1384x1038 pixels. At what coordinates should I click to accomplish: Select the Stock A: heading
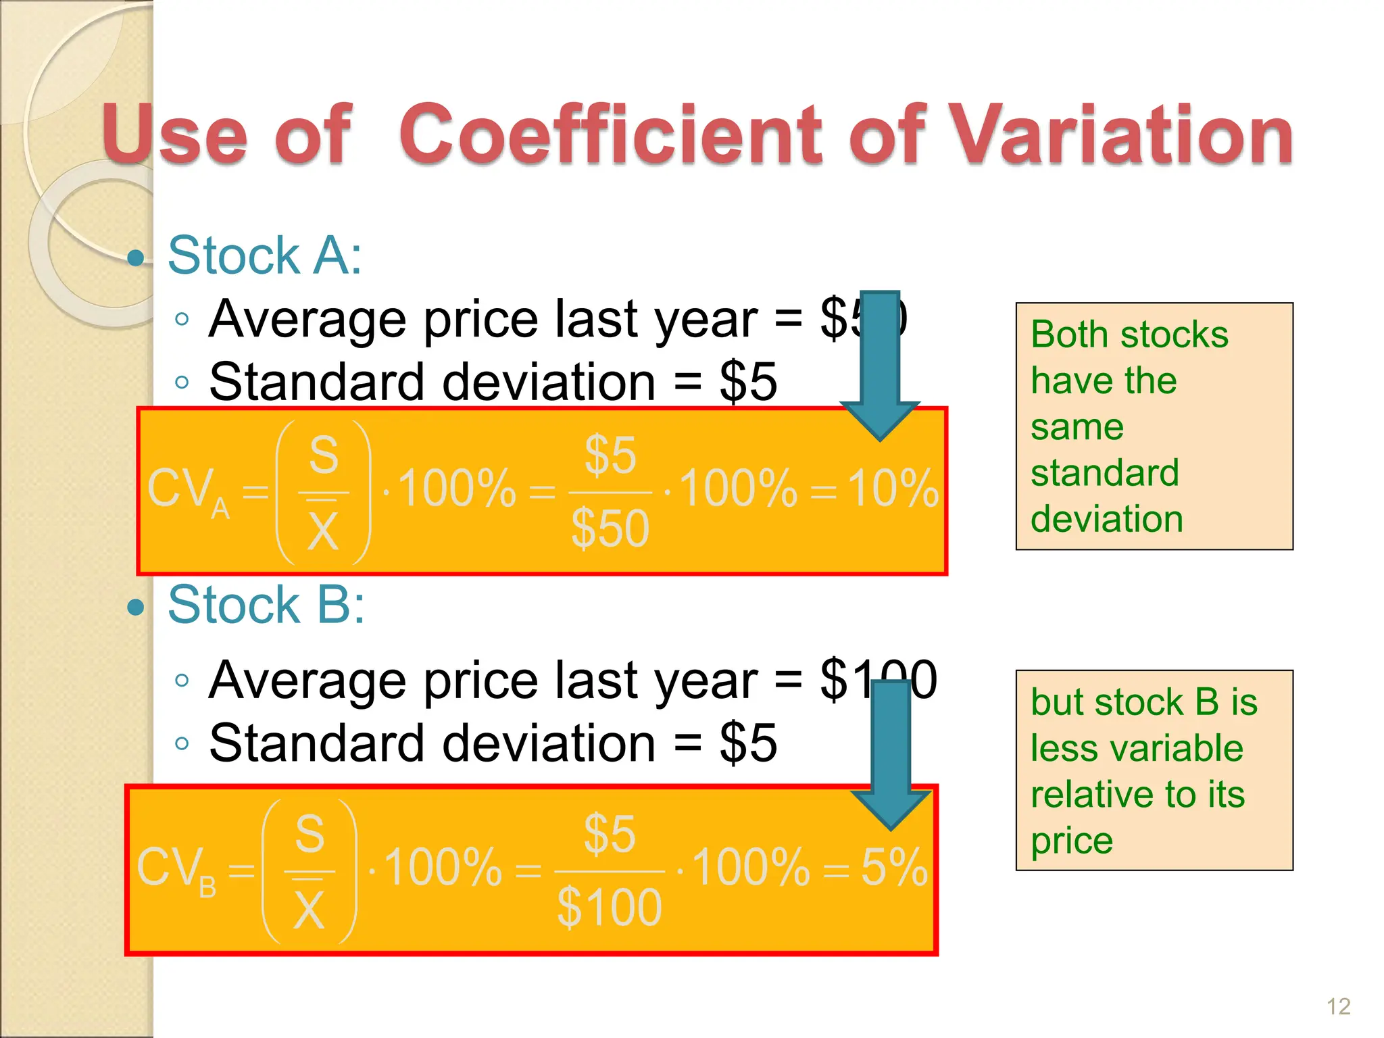tap(264, 255)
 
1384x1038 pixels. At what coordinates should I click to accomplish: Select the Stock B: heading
tap(266, 604)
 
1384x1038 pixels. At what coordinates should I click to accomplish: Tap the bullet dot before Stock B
tap(137, 607)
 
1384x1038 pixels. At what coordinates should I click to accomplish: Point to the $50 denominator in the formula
tap(610, 528)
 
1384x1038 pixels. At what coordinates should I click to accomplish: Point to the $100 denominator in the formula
tap(610, 908)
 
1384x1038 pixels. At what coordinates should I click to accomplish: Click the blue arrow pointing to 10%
tap(880, 365)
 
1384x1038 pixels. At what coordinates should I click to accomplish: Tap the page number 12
tap(1338, 1006)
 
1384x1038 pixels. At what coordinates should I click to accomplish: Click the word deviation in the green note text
tap(1107, 519)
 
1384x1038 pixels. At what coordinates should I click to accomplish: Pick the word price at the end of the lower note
tap(1072, 841)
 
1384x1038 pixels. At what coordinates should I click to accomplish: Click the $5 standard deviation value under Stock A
tap(748, 382)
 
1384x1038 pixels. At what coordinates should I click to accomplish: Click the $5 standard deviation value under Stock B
tap(748, 743)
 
